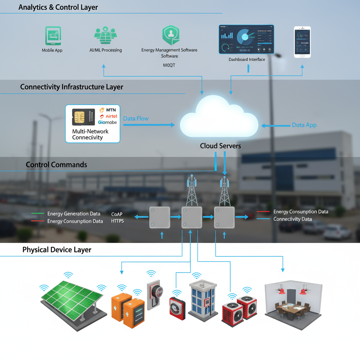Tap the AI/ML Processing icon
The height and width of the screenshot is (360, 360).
point(105,35)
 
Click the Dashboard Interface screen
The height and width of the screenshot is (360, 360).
point(246,39)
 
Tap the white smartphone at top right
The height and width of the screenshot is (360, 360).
point(302,42)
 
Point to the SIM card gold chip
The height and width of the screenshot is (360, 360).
point(79,117)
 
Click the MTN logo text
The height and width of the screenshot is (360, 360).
point(110,110)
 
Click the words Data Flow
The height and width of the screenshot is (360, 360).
point(136,118)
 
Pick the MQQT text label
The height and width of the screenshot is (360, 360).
point(169,65)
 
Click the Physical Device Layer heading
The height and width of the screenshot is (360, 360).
point(57,250)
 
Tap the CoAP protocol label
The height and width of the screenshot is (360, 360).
point(117,214)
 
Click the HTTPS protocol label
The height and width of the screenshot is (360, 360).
point(117,221)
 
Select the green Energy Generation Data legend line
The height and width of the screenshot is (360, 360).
point(38,213)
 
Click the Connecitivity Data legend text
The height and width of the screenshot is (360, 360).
point(292,219)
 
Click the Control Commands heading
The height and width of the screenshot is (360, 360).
point(56,165)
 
